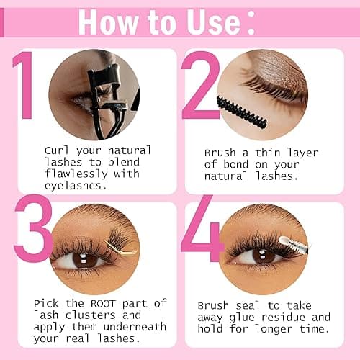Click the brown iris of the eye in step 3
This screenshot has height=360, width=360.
coord(85,258)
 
